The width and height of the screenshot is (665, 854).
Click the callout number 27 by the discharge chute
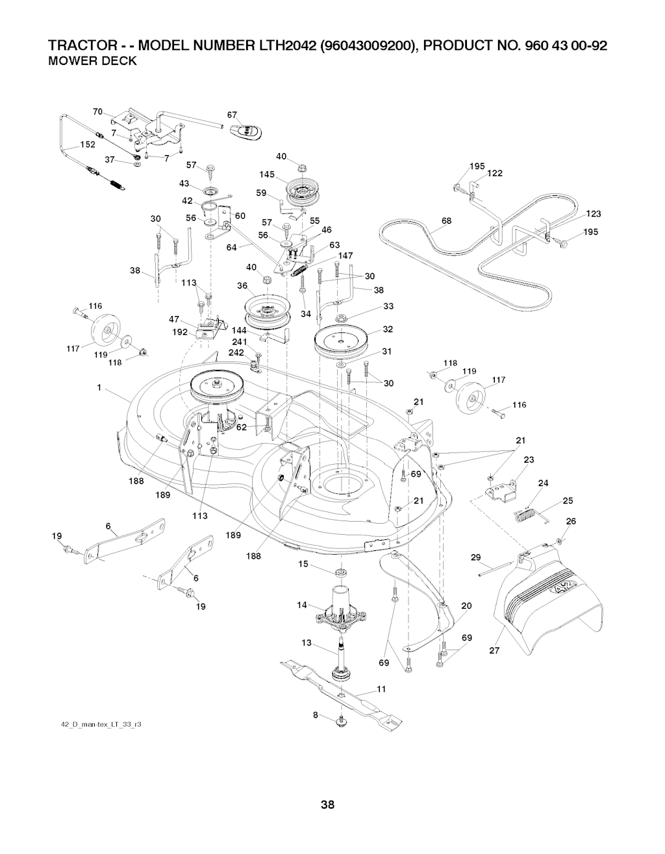[x=494, y=652]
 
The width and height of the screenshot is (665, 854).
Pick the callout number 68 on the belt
[x=447, y=221]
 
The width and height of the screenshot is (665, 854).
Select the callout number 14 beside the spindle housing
[x=301, y=605]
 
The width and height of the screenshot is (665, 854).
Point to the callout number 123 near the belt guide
[x=593, y=214]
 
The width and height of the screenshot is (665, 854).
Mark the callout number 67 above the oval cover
[x=231, y=115]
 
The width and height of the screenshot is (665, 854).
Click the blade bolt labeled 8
[x=340, y=722]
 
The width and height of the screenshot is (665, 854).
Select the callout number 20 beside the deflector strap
[x=466, y=605]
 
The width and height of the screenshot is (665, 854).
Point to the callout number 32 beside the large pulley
[x=388, y=329]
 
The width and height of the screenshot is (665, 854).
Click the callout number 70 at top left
[x=98, y=112]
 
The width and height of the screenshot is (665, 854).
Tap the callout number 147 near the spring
[x=345, y=255]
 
